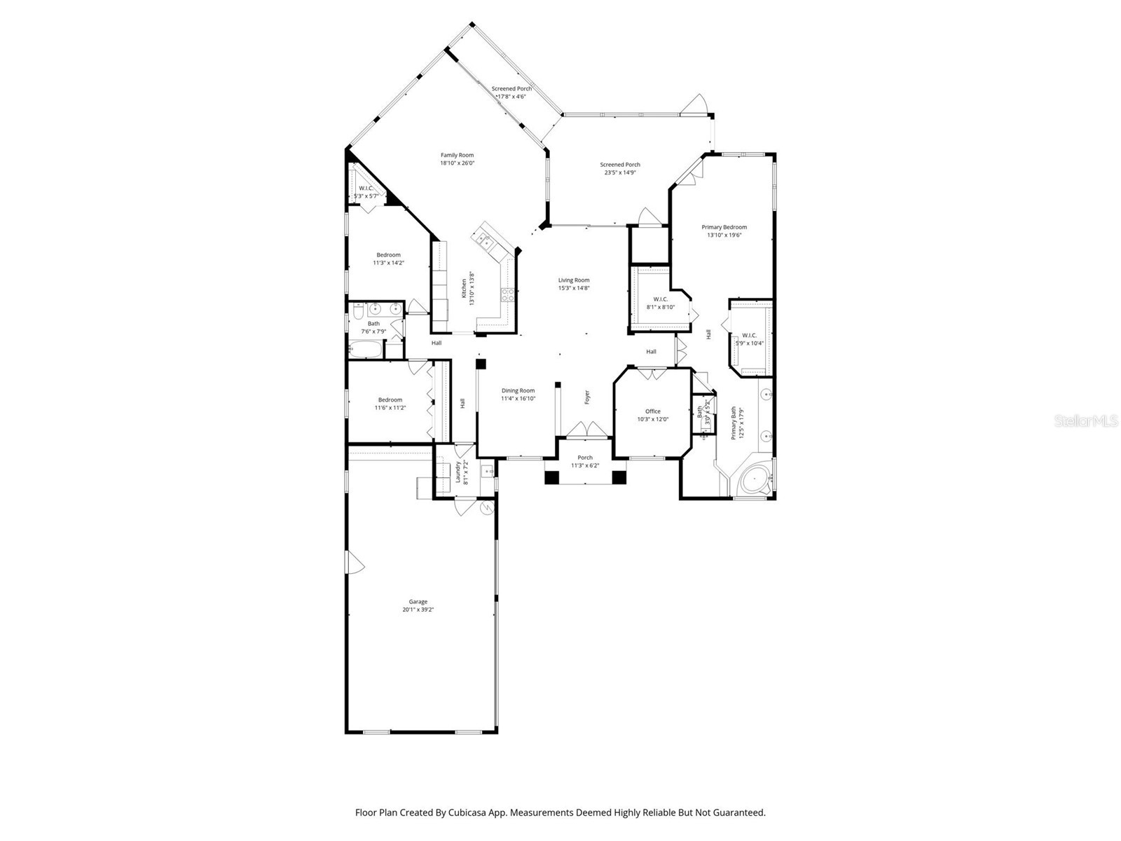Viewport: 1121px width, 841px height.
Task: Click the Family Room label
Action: pos(457,156)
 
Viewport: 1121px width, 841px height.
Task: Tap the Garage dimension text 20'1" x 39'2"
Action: pos(418,610)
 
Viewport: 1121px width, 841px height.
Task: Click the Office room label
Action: pos(653,411)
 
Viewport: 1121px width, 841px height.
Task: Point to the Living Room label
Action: pos(573,280)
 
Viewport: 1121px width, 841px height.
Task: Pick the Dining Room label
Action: pos(518,391)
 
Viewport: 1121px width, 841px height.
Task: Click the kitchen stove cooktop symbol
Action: pos(507,295)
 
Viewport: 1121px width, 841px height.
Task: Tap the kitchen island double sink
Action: pos(486,241)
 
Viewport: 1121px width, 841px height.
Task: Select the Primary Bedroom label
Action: pos(724,227)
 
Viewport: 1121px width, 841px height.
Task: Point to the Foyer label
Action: pos(587,397)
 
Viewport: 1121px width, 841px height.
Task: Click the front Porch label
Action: pos(585,458)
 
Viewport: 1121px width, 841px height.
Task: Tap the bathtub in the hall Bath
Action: pos(366,349)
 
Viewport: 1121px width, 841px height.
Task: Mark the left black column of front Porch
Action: pos(552,477)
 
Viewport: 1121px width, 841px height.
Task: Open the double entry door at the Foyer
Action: pos(584,429)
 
